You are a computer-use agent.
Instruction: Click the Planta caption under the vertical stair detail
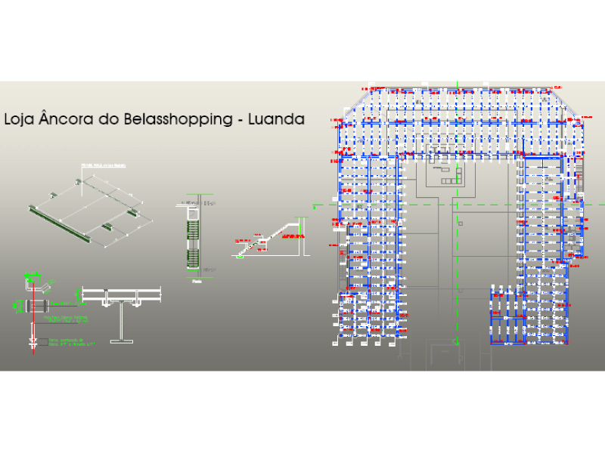(196, 280)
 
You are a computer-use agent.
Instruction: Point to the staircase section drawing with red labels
(270, 236)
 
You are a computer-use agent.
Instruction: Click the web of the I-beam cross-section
(122, 319)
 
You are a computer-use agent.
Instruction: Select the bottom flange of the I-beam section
(122, 341)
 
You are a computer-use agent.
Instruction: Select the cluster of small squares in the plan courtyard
(448, 176)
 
